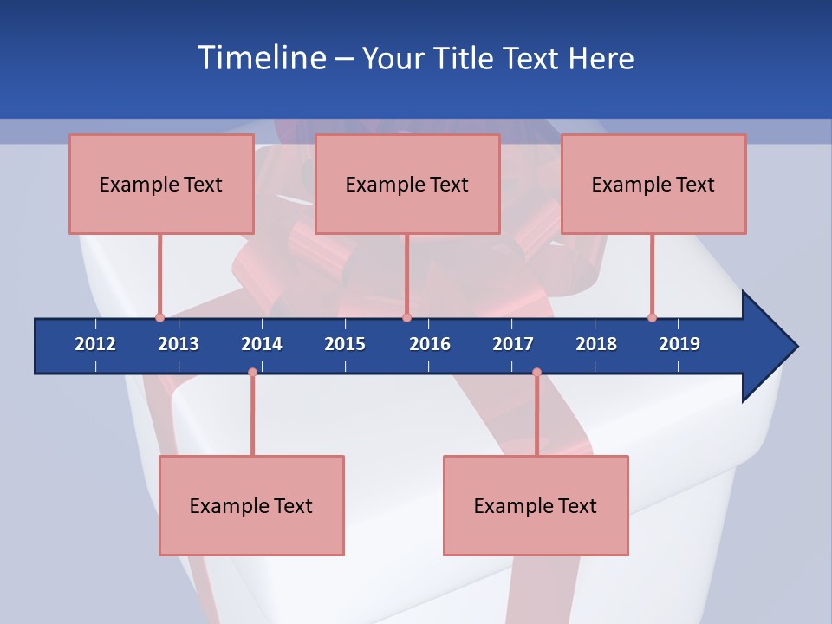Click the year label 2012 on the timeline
pyautogui.click(x=95, y=344)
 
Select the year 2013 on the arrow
pyautogui.click(x=179, y=344)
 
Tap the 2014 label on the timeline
pyautogui.click(x=262, y=344)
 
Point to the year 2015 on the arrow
pyautogui.click(x=345, y=344)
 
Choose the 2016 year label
pyautogui.click(x=430, y=344)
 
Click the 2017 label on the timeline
pyautogui.click(x=513, y=344)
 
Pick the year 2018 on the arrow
pyautogui.click(x=596, y=344)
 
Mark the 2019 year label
pyautogui.click(x=679, y=344)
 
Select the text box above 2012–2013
pyautogui.click(x=161, y=184)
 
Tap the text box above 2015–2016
pyautogui.click(x=407, y=184)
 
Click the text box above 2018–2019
pyautogui.click(x=653, y=184)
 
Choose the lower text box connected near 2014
pyautogui.click(x=251, y=505)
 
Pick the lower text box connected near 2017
pyautogui.click(x=536, y=505)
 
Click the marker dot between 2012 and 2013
pyautogui.click(x=159, y=317)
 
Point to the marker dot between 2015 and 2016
pyautogui.click(x=406, y=317)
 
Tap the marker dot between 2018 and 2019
pyautogui.click(x=652, y=317)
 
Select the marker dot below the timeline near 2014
pyautogui.click(x=252, y=372)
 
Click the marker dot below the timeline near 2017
pyautogui.click(x=536, y=372)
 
